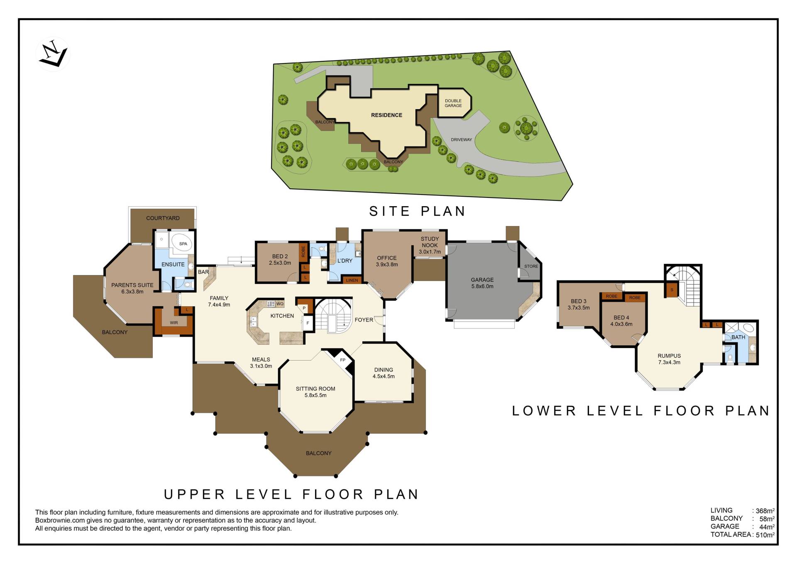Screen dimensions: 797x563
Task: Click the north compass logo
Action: coord(53,54)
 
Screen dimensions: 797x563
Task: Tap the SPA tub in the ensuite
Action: coord(183,244)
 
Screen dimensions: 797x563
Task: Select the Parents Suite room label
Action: coord(132,288)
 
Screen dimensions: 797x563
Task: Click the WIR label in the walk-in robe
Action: coord(174,323)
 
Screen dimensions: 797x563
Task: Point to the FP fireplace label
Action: coord(343,360)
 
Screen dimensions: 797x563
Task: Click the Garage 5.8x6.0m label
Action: coord(482,283)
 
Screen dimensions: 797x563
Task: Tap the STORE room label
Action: coord(531,266)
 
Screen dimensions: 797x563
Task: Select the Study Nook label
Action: coord(430,245)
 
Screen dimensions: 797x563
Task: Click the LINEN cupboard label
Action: coord(352,280)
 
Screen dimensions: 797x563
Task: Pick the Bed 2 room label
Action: coord(280,260)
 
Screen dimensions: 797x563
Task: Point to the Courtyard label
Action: coord(163,218)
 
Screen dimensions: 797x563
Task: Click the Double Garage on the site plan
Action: coord(453,103)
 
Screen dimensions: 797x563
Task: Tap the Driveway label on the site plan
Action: coord(462,140)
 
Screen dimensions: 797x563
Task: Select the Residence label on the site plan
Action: coord(386,115)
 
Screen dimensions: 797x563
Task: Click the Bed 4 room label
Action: coord(621,321)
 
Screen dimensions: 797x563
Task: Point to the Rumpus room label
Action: coord(669,359)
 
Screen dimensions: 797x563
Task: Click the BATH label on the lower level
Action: coord(738,337)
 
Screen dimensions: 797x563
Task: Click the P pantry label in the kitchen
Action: coord(304,308)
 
